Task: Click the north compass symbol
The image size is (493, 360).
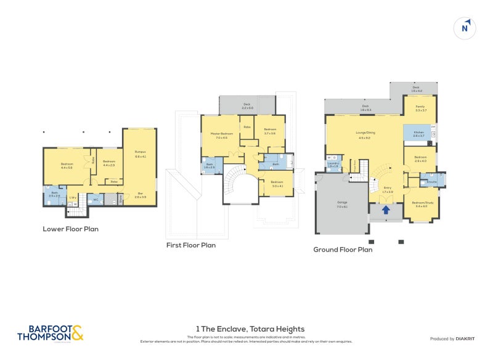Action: click(467, 28)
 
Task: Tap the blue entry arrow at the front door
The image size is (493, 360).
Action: click(386, 210)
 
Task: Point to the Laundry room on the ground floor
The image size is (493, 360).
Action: click(333, 164)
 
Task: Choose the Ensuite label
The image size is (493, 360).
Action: click(431, 181)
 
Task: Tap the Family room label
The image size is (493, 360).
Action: click(420, 107)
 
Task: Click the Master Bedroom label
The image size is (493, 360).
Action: click(221, 135)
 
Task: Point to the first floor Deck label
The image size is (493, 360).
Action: click(247, 105)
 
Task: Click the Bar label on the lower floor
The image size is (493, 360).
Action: click(140, 195)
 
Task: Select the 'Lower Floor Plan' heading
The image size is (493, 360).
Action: click(70, 229)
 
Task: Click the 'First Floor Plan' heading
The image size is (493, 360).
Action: click(191, 245)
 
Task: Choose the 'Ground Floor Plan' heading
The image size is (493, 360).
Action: click(343, 250)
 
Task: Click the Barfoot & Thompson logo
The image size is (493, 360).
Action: click(49, 333)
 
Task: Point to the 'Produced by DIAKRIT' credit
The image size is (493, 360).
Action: click(450, 338)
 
